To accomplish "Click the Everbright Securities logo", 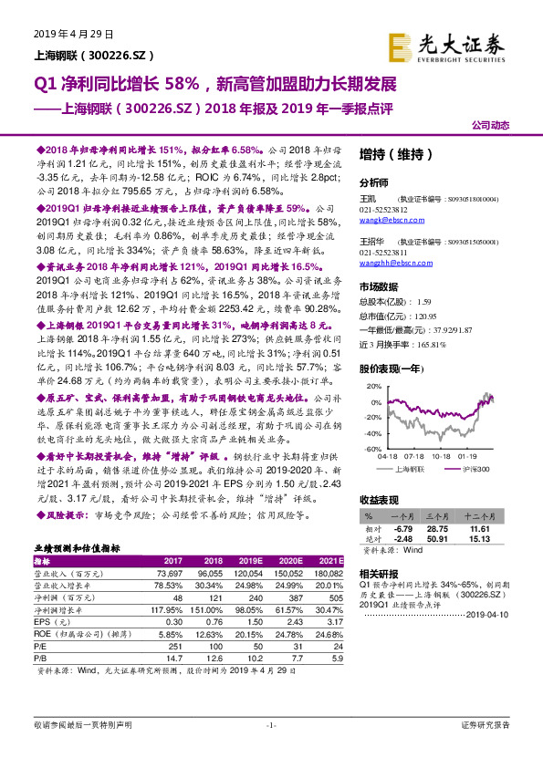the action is [x=446, y=45].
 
